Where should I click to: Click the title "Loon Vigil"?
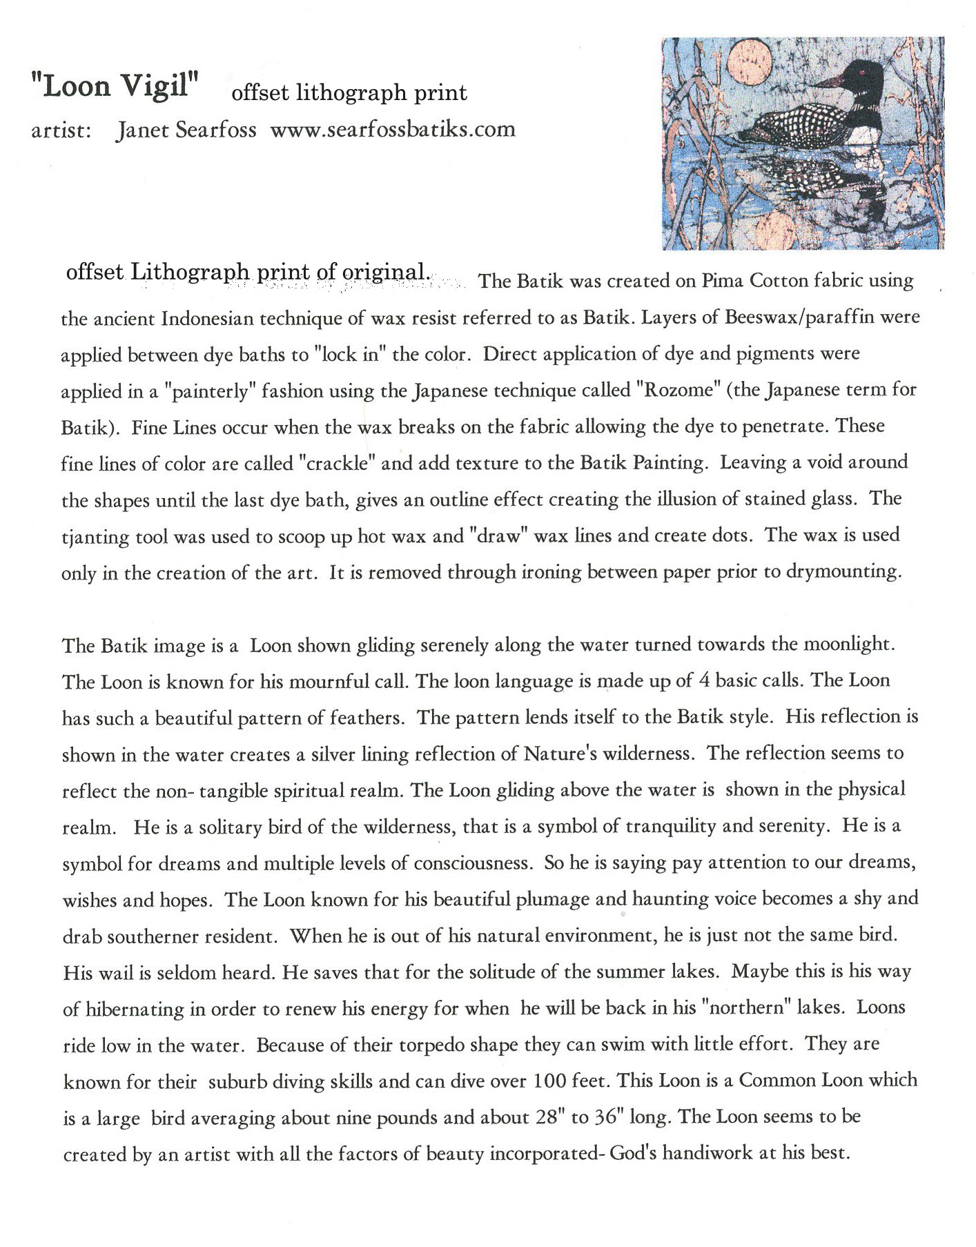click(x=114, y=86)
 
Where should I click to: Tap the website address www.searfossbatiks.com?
click(x=392, y=130)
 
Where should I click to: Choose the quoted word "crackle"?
click(x=336, y=463)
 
